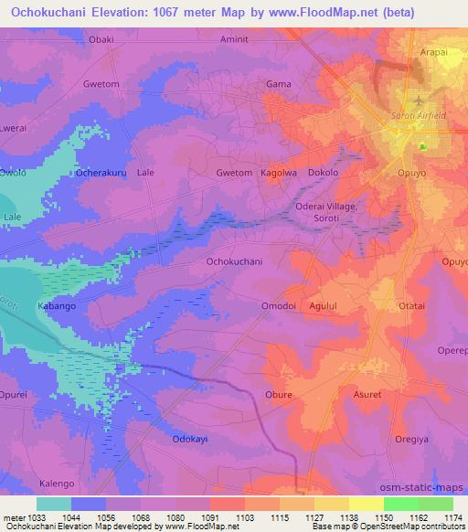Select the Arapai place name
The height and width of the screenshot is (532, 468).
coord(433,53)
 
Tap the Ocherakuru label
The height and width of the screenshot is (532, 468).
coord(102,172)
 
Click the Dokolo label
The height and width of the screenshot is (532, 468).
coord(324,172)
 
